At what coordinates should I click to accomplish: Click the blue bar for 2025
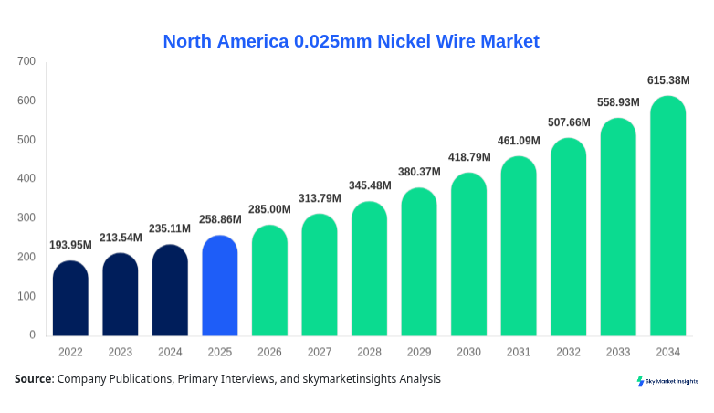pos(219,286)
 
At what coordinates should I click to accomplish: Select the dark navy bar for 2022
pos(70,299)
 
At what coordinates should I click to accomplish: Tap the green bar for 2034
pos(667,217)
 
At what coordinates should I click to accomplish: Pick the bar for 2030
pos(468,255)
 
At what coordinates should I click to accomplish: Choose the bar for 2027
pos(320,275)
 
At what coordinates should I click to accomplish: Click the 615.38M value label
pos(668,80)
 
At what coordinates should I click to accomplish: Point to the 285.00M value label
pos(269,209)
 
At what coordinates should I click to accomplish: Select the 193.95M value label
pos(70,245)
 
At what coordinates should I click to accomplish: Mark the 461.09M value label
pos(519,141)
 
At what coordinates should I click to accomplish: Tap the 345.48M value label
pos(369,185)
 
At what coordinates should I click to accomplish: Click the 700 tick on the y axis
pos(26,61)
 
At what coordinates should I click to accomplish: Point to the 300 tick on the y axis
pos(26,217)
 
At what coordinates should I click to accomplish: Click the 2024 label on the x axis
pos(170,352)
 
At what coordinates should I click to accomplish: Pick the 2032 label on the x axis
pos(568,352)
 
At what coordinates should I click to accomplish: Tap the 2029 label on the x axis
pos(419,352)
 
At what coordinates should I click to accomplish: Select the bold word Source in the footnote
pos(33,378)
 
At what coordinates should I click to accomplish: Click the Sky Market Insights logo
pos(667,381)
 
